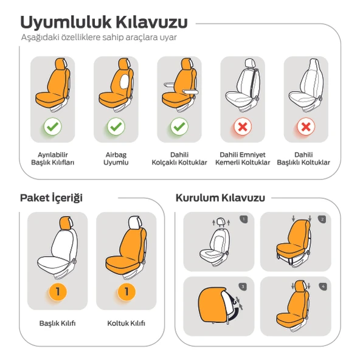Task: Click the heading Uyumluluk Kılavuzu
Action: coord(104,22)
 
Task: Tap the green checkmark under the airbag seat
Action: coord(116,126)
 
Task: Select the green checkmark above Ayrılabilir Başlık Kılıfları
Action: coord(52,126)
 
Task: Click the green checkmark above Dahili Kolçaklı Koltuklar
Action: coord(179,126)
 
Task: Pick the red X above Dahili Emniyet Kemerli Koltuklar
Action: coord(243,126)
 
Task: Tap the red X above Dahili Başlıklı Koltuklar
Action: coord(306,126)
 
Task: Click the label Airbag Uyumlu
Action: coord(116,159)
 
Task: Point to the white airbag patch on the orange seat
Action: coord(125,81)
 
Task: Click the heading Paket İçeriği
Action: coord(51,198)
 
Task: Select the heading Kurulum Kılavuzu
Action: coord(220,198)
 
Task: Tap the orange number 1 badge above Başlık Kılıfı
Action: coord(58,292)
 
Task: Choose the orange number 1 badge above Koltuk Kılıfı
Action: coord(126,292)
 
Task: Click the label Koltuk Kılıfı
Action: coord(126,324)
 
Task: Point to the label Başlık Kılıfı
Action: coord(57,324)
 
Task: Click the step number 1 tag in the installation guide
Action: coord(244,220)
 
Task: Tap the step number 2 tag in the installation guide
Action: coord(322,220)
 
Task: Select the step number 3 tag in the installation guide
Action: coord(243,286)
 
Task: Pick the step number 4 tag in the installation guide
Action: coord(323,286)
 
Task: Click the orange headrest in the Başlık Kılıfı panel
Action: coord(66,223)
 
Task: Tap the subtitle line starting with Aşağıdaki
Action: coord(99,37)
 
